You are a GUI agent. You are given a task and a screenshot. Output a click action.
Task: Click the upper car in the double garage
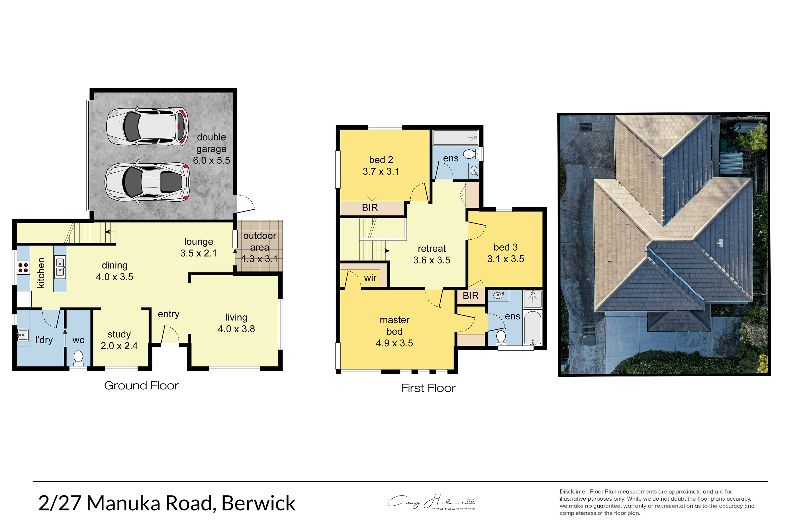(147, 127)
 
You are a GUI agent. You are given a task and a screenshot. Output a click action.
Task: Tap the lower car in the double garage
(147, 182)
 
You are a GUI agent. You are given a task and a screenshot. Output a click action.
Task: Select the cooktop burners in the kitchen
(23, 268)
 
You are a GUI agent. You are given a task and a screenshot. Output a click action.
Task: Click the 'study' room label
(119, 334)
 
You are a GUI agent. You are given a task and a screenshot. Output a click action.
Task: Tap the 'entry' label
(168, 314)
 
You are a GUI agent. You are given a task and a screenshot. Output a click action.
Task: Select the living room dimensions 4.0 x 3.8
(236, 329)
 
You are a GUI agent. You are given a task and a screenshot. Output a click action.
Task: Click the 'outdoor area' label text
(260, 242)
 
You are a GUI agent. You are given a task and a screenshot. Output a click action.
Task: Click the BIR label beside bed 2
(370, 208)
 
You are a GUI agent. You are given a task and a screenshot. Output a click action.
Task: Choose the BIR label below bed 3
(470, 296)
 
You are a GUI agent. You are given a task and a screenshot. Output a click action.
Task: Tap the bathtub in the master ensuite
(533, 328)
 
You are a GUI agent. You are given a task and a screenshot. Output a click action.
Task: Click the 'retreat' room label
(432, 248)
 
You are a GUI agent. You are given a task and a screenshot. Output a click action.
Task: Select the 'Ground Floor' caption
(141, 385)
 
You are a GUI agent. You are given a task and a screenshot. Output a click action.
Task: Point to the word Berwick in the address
(258, 503)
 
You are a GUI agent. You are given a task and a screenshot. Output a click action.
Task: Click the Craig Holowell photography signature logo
(431, 502)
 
